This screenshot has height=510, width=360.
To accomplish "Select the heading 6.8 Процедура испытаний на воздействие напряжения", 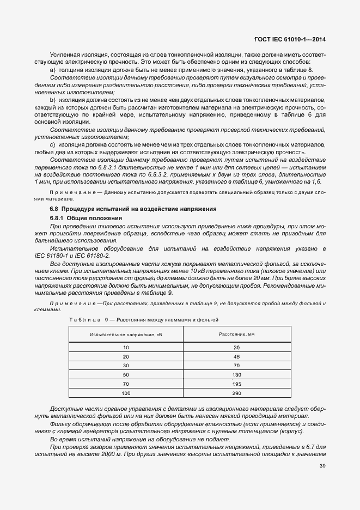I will (x=125, y=209).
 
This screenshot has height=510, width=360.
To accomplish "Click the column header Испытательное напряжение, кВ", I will (x=126, y=335).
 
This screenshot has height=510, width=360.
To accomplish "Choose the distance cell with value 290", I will (x=236, y=393).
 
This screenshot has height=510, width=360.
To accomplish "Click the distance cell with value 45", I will (x=236, y=356).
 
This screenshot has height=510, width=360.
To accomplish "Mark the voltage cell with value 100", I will (x=126, y=393).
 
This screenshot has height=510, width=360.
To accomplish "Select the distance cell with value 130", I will (x=236, y=375).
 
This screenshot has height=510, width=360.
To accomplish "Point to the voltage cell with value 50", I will (x=126, y=375).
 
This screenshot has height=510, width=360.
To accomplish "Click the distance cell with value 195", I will (x=236, y=384).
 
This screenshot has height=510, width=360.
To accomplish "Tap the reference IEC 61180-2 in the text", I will (x=91, y=256).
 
